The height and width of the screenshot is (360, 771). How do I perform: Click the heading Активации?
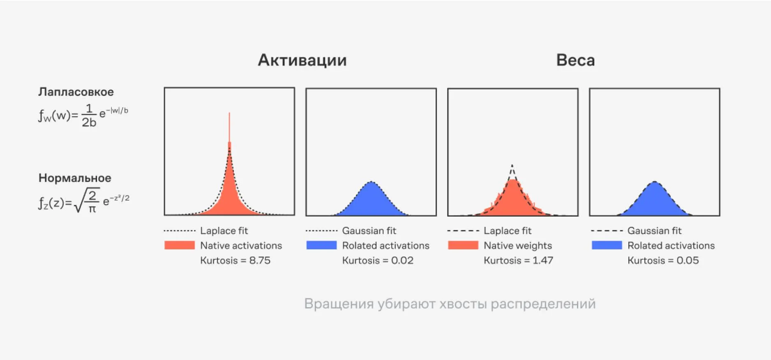pos(302,60)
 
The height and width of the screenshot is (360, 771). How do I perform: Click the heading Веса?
pos(575,60)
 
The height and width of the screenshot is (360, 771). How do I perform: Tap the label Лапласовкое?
pos(76,92)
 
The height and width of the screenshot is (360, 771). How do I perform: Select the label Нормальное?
pos(75,178)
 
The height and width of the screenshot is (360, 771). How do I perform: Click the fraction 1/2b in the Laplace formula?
pos(89,115)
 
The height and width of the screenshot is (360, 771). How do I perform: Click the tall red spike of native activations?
pos(229,127)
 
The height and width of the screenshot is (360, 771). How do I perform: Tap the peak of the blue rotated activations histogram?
pos(371,182)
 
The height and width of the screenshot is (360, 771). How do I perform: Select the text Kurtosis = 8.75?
pos(235,260)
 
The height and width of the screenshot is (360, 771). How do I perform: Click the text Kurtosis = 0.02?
pos(378,260)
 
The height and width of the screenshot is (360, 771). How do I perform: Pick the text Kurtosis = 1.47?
pos(518,260)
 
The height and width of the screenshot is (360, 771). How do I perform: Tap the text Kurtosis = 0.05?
pos(663,260)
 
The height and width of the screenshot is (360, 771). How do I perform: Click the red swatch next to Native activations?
pos(180,245)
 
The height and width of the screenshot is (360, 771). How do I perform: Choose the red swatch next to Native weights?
pos(463,245)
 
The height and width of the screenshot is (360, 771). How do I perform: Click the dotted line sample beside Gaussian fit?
pos(321,231)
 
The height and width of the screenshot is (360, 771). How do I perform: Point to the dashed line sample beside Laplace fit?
pos(463,231)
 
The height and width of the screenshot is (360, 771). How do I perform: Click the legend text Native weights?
pos(518,245)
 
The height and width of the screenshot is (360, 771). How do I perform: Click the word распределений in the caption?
pos(543,304)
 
